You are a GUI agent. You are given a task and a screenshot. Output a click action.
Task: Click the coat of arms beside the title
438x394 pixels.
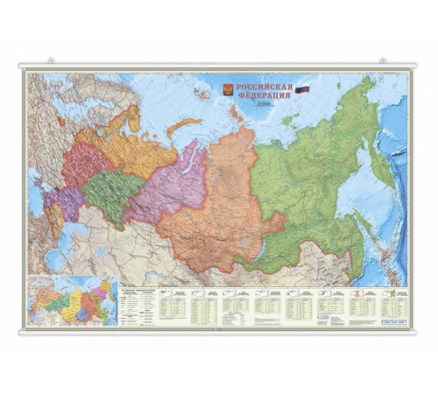(x=227, y=89)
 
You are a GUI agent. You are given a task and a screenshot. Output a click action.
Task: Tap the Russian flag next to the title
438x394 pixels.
(x=302, y=88)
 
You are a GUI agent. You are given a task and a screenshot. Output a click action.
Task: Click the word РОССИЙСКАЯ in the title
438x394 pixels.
(x=264, y=86)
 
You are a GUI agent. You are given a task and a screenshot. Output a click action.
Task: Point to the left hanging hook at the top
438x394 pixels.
(x=50, y=60)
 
